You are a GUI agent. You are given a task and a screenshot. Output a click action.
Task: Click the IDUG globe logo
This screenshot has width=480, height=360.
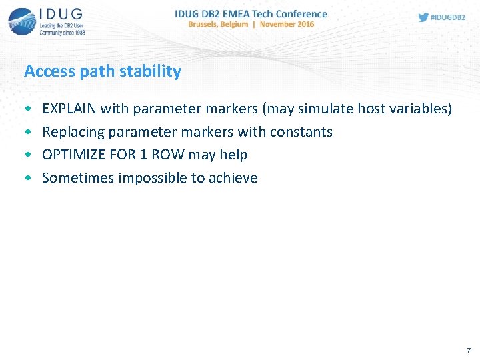[22, 21]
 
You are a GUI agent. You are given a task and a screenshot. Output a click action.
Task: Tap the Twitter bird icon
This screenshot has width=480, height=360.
[423, 17]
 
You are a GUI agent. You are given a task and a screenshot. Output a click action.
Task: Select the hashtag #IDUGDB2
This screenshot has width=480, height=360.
[448, 17]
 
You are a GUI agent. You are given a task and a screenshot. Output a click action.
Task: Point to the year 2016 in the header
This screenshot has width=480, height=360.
[305, 24]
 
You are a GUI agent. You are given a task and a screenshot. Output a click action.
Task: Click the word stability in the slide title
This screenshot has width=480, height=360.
[150, 71]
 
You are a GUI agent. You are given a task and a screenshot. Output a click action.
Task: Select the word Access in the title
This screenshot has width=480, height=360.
[49, 71]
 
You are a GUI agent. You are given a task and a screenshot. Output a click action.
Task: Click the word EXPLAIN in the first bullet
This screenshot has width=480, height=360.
[69, 109]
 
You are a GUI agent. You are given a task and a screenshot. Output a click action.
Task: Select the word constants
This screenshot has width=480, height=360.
[301, 132]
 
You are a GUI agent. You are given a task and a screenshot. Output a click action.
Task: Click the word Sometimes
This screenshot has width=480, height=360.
[78, 177]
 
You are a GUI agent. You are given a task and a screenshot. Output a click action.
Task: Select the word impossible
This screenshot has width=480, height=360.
[153, 178]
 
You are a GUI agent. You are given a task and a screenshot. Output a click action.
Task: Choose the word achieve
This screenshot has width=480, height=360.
[233, 177]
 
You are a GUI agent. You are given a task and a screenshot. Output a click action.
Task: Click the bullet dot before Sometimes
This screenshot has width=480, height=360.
[29, 177]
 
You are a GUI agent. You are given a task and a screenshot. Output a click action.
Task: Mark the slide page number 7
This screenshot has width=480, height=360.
[469, 350]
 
